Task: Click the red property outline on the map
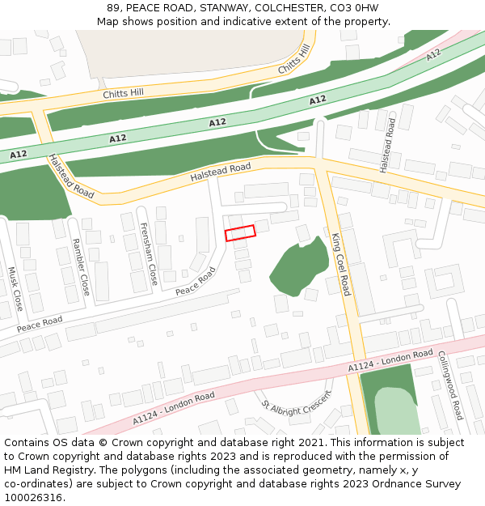(240, 232)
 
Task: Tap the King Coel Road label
(341, 264)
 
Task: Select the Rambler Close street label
(81, 266)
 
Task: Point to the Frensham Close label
(149, 254)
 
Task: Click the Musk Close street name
(15, 289)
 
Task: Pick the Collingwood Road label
(449, 385)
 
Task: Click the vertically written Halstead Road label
(388, 146)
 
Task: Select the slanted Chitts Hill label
(294, 61)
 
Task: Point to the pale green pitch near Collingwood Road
(396, 411)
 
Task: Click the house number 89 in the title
(113, 8)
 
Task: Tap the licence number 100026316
(34, 498)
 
